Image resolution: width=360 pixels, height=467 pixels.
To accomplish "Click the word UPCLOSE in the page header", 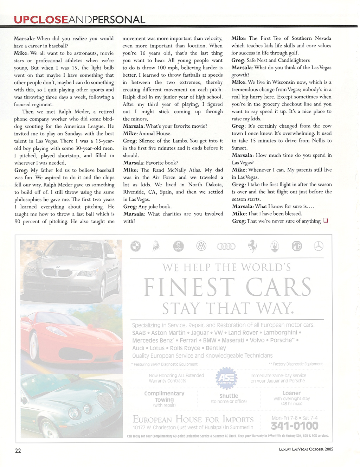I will click(x=41, y=20).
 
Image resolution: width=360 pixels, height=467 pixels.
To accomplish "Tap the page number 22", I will click(x=18, y=450).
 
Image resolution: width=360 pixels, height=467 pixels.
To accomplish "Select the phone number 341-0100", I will click(x=295, y=426).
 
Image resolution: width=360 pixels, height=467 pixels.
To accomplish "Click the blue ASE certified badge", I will click(x=226, y=378).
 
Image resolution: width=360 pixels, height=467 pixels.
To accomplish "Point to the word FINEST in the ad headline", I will click(x=189, y=287).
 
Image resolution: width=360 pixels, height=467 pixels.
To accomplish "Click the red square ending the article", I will click(x=325, y=220).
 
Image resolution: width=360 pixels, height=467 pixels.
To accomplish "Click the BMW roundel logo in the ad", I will click(x=136, y=246).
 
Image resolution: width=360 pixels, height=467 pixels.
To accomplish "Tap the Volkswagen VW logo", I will click(x=201, y=246).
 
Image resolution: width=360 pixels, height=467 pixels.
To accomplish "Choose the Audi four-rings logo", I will click(x=226, y=247).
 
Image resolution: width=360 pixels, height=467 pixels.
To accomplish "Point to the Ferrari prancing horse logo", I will click(x=252, y=246).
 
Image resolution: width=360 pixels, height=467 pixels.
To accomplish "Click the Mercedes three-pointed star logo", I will click(x=319, y=246).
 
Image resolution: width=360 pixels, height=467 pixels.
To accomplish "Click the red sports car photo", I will click(x=70, y=338).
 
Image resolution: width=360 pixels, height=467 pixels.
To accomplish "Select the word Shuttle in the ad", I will click(x=229, y=396).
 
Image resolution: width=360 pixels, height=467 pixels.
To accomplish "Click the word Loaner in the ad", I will click(x=291, y=393).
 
